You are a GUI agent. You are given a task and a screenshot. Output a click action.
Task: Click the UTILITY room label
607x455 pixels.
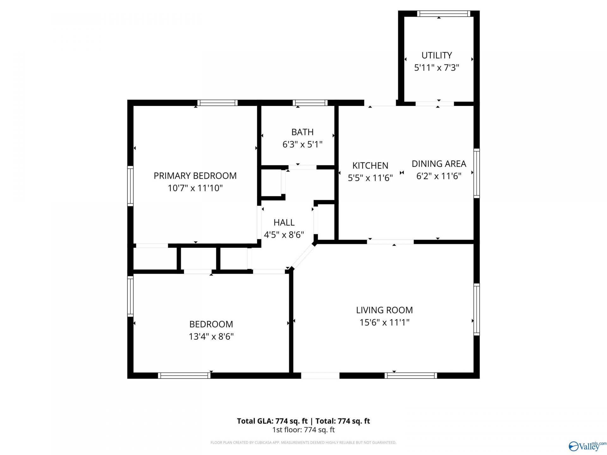[x=437, y=55]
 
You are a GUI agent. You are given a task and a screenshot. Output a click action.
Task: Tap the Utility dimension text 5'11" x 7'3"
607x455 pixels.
[x=437, y=68]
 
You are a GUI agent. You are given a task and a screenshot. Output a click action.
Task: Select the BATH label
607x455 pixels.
[x=303, y=132]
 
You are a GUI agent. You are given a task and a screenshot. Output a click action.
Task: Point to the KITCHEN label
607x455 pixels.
[x=370, y=166]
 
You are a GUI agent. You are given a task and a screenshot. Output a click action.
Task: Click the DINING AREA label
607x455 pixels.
[x=439, y=164]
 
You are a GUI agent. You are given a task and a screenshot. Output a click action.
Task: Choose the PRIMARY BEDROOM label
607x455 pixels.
[x=195, y=176]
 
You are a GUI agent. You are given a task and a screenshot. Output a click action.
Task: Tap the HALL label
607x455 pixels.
[x=284, y=222]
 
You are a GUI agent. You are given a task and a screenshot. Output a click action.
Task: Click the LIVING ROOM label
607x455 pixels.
[x=384, y=310]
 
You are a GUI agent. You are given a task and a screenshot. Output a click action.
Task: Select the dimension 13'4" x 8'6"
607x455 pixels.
[x=211, y=337]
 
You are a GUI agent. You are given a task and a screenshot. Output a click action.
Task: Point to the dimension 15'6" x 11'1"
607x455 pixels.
[x=384, y=323]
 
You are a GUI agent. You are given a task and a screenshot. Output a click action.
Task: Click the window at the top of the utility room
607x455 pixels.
[x=444, y=14]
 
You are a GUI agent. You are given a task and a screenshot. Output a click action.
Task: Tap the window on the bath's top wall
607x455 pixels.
[x=310, y=103]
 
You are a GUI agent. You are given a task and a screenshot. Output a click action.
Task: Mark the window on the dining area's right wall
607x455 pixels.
[x=476, y=173]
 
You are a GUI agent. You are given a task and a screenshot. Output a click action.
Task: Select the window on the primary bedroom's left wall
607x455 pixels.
[x=130, y=186]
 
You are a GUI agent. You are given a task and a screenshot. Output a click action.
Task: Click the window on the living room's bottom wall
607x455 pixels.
[x=411, y=375]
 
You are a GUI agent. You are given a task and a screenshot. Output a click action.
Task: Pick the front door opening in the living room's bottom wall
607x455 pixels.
[x=320, y=375]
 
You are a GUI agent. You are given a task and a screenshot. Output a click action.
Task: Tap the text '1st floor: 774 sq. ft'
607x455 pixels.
[x=303, y=430]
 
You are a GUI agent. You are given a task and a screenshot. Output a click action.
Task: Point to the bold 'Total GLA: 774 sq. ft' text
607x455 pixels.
[x=272, y=421]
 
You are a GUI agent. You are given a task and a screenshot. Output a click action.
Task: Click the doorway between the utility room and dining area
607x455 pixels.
[x=435, y=104]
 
